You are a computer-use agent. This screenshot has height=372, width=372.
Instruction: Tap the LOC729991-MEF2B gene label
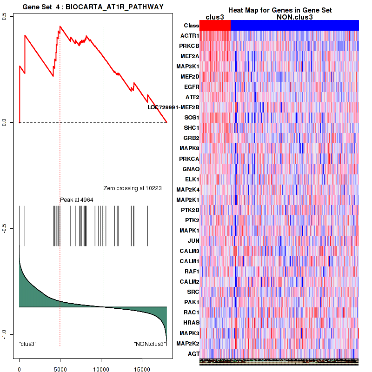coord(173,107)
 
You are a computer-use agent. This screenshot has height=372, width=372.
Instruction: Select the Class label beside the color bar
coord(191,26)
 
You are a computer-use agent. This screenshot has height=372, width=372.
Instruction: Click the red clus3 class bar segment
coord(215,26)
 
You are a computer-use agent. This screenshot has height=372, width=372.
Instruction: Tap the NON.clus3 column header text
coord(294,17)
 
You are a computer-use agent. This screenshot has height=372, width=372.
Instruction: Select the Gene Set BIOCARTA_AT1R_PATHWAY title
coord(93,6)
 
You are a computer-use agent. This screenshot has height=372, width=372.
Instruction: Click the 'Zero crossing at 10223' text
coord(133,188)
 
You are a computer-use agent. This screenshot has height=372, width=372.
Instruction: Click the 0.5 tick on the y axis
coord(4,16)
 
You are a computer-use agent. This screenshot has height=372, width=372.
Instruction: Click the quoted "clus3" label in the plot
coord(28,344)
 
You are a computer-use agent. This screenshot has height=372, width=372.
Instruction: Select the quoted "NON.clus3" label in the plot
coord(150,344)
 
